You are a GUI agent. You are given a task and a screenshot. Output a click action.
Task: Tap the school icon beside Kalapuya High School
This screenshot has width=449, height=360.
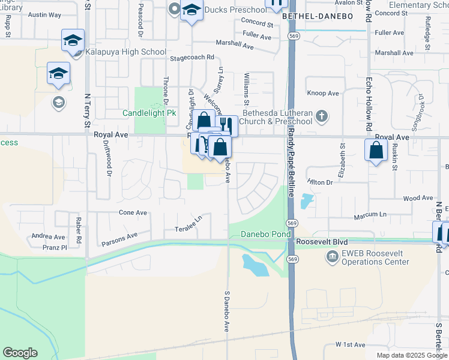(73, 41)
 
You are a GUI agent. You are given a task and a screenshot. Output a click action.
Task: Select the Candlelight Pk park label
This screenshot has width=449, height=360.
(144, 113)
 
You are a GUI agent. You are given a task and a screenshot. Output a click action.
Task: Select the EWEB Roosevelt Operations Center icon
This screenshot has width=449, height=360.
(331, 257)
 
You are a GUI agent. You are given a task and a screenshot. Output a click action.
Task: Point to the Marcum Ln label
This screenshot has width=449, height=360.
(370, 215)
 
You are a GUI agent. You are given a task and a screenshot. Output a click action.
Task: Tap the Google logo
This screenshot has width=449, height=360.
(20, 353)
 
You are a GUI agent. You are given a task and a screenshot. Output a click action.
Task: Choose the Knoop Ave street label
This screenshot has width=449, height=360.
(323, 93)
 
